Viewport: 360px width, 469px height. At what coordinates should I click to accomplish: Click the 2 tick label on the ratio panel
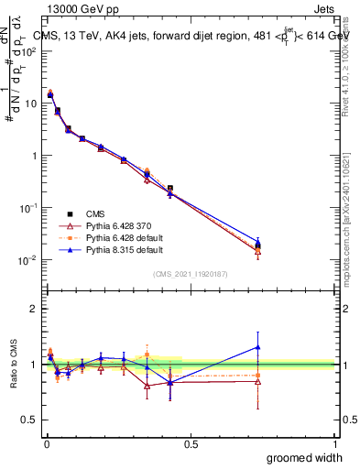(x=34, y=309)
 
